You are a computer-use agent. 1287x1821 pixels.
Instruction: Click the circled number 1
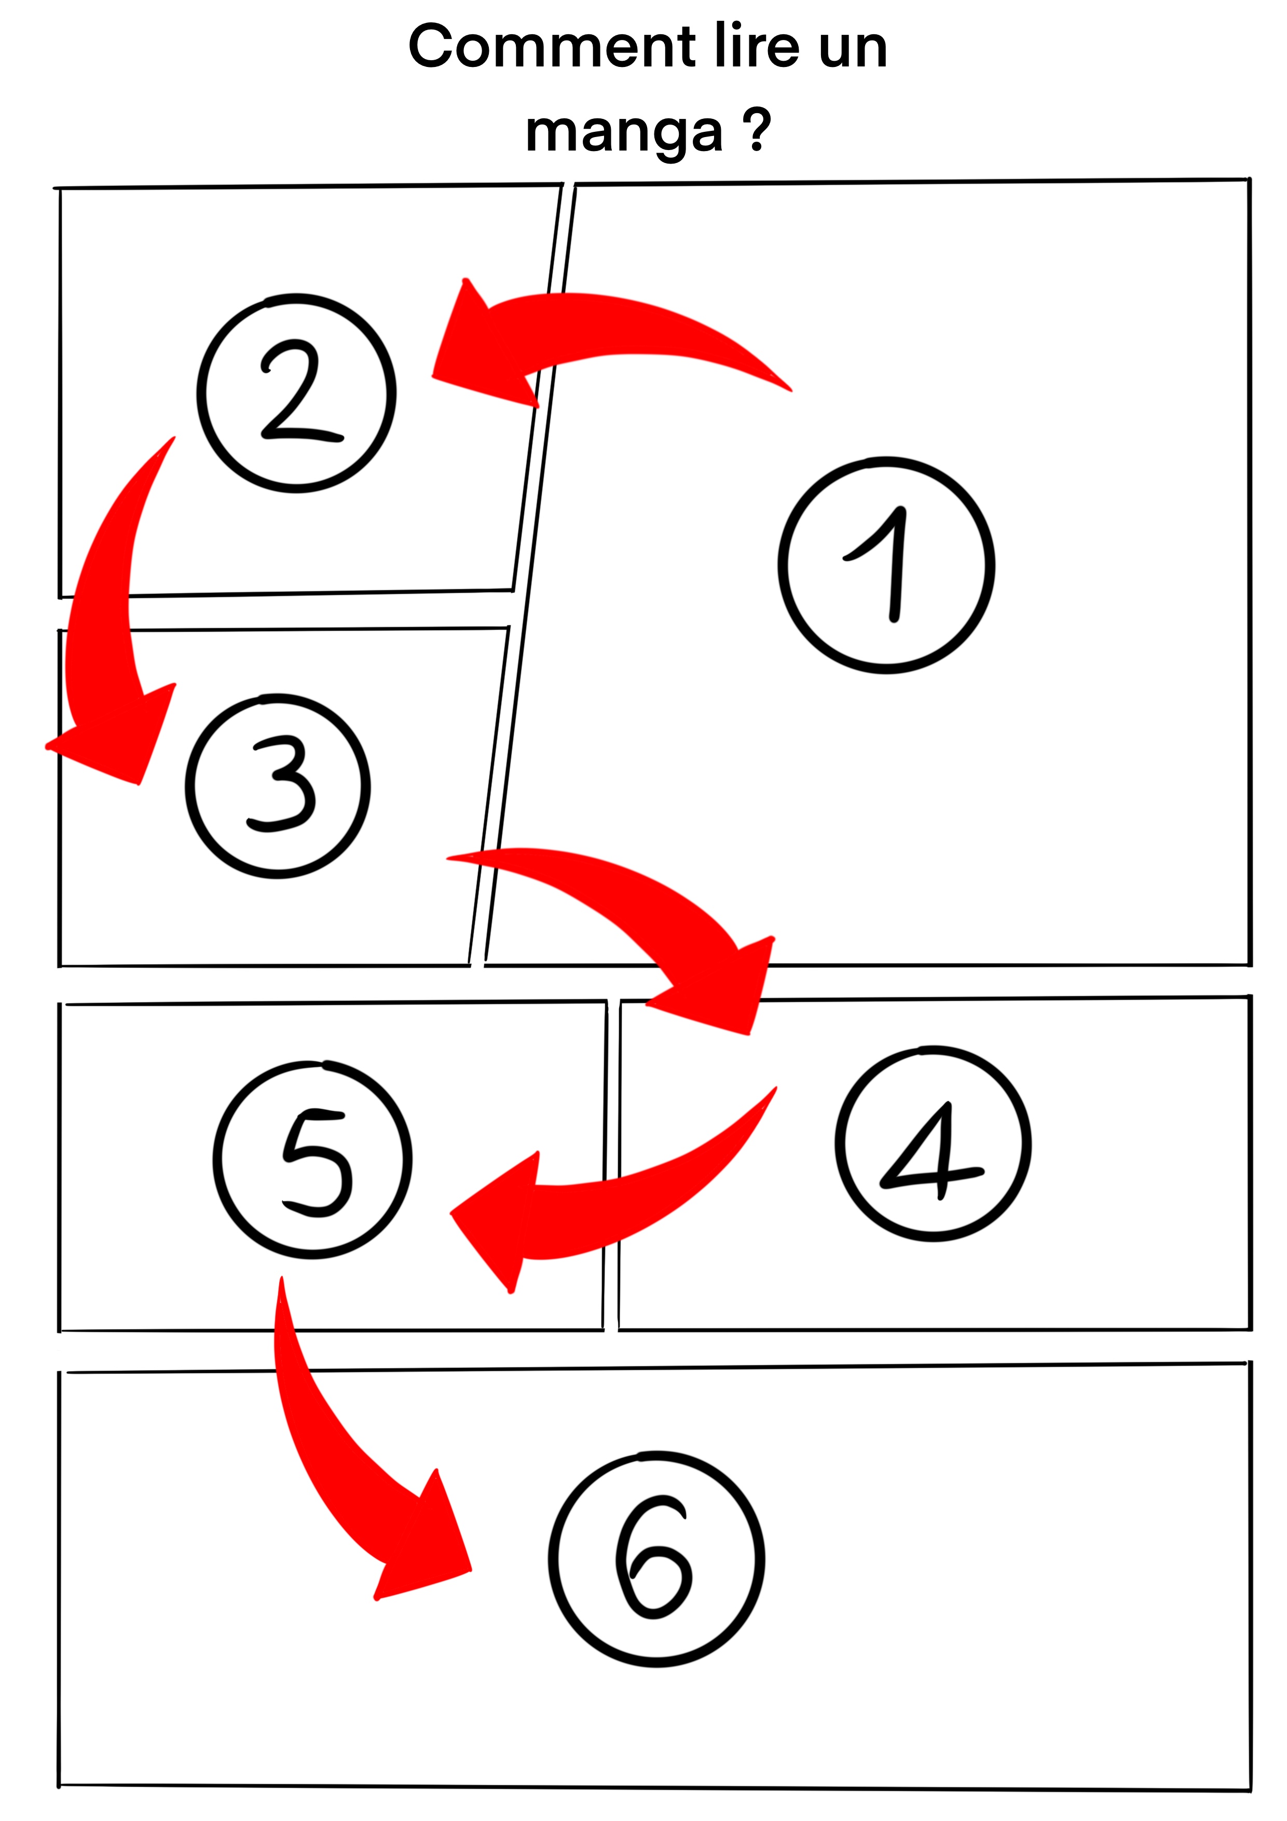click(x=886, y=565)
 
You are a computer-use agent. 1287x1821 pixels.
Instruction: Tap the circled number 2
click(x=296, y=393)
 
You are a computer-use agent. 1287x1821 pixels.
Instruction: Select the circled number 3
click(x=278, y=785)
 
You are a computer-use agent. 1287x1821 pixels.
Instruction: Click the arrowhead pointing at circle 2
click(x=484, y=349)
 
